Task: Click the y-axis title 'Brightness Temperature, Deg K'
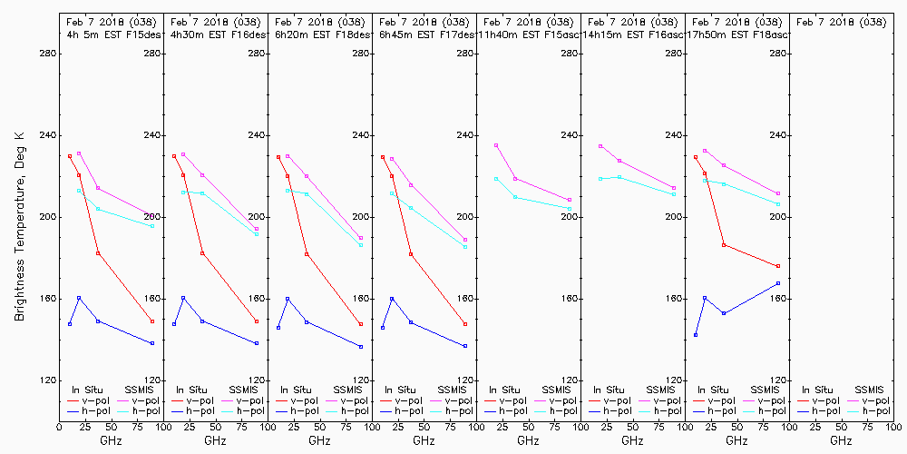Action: (19, 226)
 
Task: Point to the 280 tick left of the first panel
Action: (49, 54)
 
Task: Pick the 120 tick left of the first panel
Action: (49, 380)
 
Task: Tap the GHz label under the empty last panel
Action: (841, 440)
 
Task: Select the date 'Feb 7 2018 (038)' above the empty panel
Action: (841, 21)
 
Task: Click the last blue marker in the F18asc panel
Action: (778, 283)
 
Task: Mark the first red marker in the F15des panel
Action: (70, 156)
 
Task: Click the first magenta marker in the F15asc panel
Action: (496, 145)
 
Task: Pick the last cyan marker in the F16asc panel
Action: (674, 194)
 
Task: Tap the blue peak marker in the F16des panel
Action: (183, 298)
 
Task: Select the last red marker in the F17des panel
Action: (465, 324)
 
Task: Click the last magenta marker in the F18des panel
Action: (361, 238)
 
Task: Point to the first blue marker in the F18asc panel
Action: (696, 335)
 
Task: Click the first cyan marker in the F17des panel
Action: (392, 193)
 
